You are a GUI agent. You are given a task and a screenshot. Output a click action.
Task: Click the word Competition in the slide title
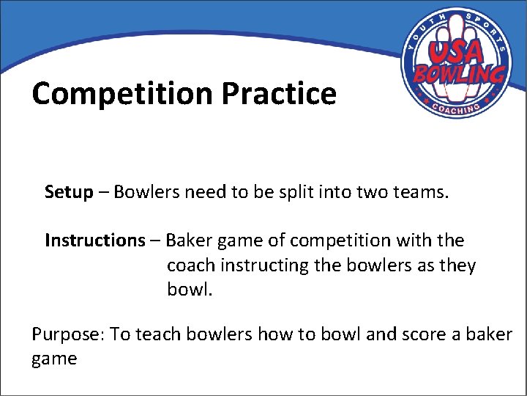tap(122, 94)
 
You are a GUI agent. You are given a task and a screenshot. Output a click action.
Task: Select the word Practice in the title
tap(279, 94)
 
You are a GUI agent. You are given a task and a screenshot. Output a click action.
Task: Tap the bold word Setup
tap(69, 192)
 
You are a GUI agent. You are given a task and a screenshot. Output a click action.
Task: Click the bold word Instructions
tap(95, 241)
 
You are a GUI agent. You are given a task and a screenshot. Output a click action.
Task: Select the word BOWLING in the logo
tap(460, 74)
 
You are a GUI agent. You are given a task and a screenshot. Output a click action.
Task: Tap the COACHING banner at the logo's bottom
tap(455, 109)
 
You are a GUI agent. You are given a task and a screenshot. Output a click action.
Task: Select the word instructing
tap(265, 265)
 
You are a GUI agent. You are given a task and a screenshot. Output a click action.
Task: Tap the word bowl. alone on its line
tap(190, 289)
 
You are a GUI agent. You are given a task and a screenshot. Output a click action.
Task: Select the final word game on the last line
tap(54, 359)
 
